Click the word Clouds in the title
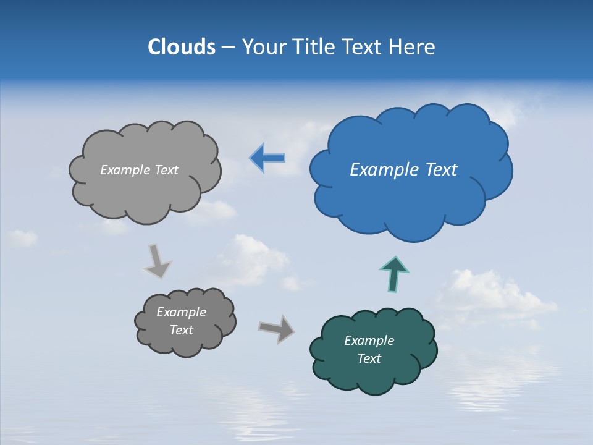point(182,47)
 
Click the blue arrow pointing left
point(267,158)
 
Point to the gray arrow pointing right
point(277,328)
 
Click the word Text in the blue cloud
point(442,170)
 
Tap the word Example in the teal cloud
point(369,341)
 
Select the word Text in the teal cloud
point(369,358)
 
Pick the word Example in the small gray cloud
point(181,312)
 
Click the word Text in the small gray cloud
point(181,330)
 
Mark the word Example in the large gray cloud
point(124,170)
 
